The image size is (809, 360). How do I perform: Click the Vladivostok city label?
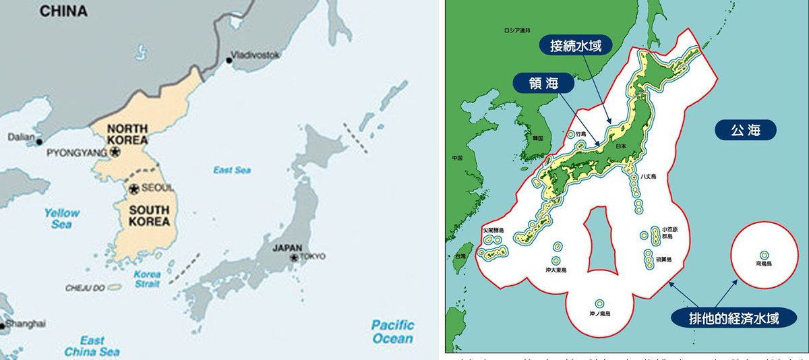[255, 55]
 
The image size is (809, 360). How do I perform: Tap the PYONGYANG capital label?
[77, 153]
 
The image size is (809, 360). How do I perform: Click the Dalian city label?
[21, 137]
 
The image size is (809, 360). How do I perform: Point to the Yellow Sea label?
[62, 218]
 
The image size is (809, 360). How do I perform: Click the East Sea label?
[232, 170]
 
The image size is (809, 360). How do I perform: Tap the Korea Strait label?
[147, 279]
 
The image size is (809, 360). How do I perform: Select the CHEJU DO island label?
[86, 288]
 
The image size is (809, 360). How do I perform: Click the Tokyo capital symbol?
[294, 257]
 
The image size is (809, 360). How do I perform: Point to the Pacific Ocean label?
[392, 332]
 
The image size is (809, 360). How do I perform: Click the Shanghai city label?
[27, 323]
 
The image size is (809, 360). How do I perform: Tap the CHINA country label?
[63, 11]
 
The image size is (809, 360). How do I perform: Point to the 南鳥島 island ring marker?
[764, 255]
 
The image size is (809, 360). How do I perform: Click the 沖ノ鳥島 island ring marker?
[599, 303]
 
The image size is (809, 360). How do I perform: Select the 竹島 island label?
[572, 134]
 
